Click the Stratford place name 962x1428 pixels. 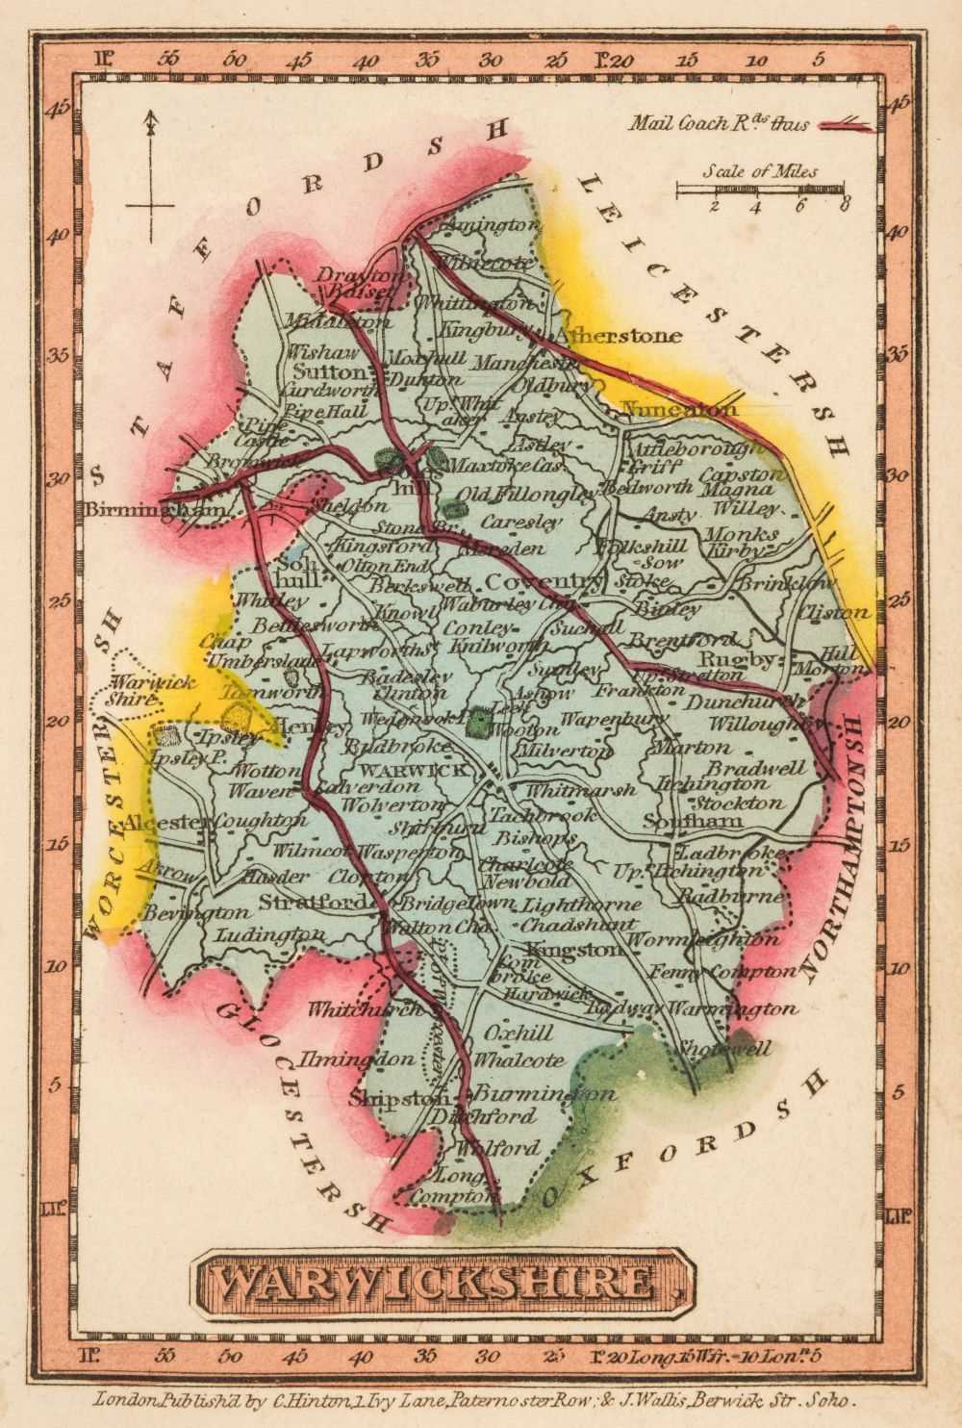click(313, 903)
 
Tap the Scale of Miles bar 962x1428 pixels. click(760, 191)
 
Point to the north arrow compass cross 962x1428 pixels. click(150, 205)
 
